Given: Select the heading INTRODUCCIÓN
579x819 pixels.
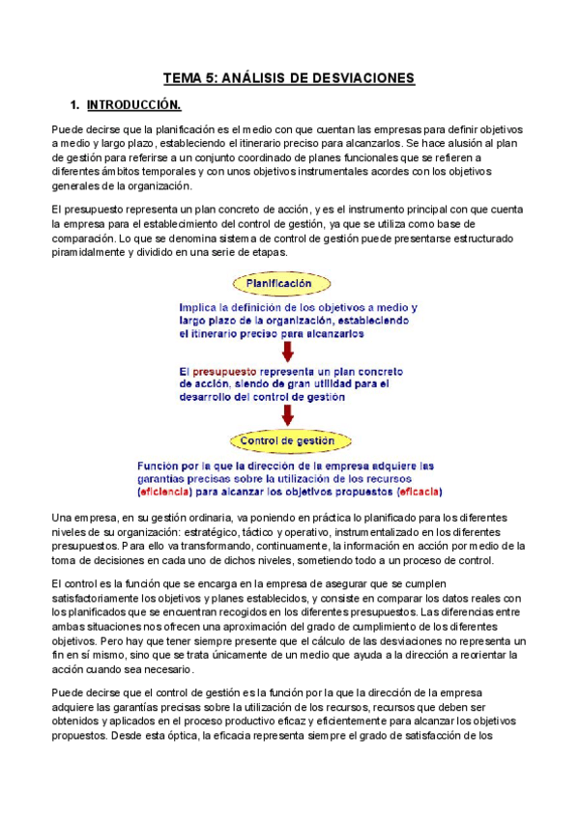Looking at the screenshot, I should coord(133,103).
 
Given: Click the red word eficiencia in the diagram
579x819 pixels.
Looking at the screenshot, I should coord(166,492).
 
